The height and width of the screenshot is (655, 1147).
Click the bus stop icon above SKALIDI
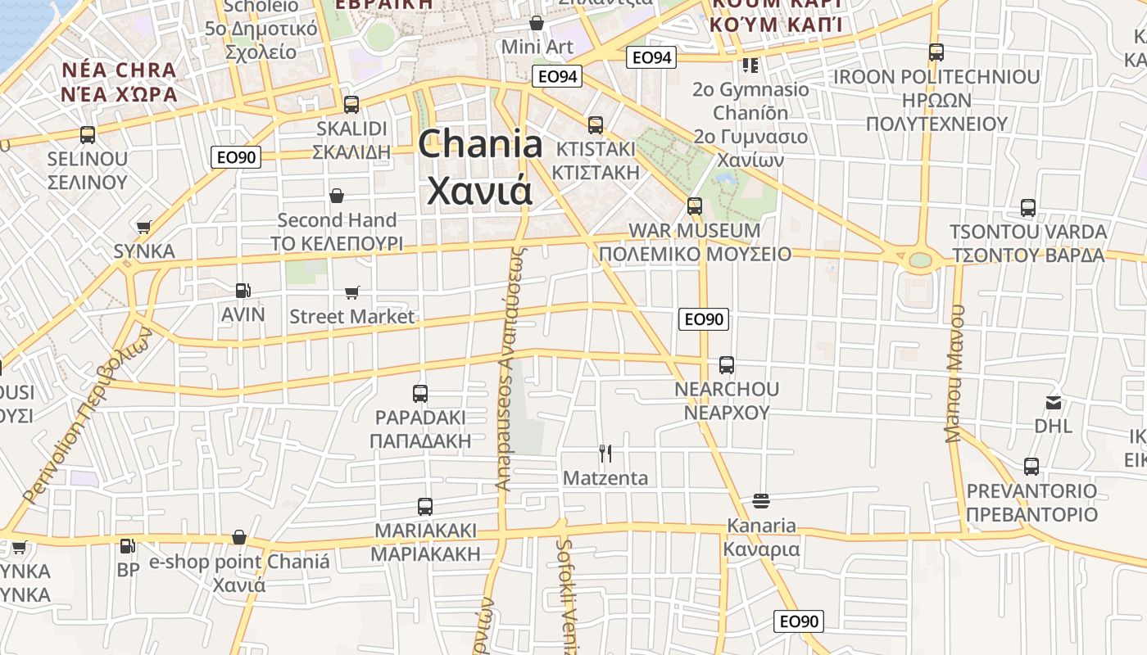pyautogui.click(x=351, y=105)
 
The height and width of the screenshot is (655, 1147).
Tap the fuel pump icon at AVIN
pyautogui.click(x=243, y=290)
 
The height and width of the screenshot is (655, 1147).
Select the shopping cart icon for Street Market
pyautogui.click(x=352, y=292)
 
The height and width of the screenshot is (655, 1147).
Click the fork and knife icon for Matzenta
pyautogui.click(x=605, y=453)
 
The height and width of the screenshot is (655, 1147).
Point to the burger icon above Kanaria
pyautogui.click(x=761, y=500)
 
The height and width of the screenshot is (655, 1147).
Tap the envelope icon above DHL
pyautogui.click(x=1054, y=402)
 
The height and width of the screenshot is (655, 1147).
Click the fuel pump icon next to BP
pyautogui.click(x=128, y=545)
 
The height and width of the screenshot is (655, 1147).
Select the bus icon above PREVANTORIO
pyautogui.click(x=1031, y=467)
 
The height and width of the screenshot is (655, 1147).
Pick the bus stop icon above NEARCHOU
pyautogui.click(x=727, y=365)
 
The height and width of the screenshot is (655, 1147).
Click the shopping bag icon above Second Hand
pyautogui.click(x=337, y=196)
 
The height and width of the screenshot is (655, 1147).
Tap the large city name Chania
pyautogui.click(x=480, y=145)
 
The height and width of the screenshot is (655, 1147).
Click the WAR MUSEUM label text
pyautogui.click(x=694, y=230)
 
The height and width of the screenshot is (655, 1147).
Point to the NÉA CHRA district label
pyautogui.click(x=119, y=70)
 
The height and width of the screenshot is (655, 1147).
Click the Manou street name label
pyautogui.click(x=955, y=374)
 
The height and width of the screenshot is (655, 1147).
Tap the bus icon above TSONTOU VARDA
pyautogui.click(x=1028, y=208)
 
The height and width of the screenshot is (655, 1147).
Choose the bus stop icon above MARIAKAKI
pyautogui.click(x=425, y=507)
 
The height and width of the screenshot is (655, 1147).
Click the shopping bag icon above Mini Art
pyautogui.click(x=537, y=23)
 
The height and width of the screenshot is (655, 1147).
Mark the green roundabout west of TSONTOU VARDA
pyautogui.click(x=920, y=260)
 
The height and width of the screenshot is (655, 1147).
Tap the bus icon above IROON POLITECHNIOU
pyautogui.click(x=936, y=52)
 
